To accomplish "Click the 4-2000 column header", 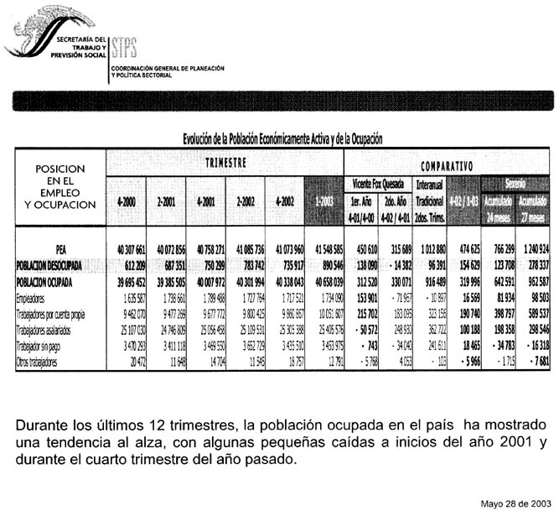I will (x=128, y=202).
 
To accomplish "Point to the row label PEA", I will (x=60, y=249).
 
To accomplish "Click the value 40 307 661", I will (x=128, y=249).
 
